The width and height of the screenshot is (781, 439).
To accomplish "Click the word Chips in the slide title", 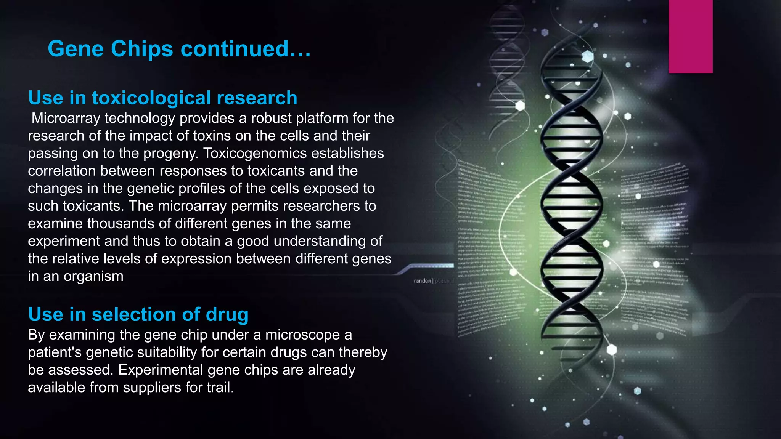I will (x=142, y=49).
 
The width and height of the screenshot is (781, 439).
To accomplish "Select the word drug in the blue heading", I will (x=227, y=315).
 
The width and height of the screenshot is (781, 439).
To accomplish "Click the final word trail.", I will (x=220, y=388).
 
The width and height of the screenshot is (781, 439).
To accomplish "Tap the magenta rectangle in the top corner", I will (x=690, y=36).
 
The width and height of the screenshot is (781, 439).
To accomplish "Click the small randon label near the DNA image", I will (x=422, y=281).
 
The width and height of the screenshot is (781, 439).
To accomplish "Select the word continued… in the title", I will (x=246, y=49).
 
